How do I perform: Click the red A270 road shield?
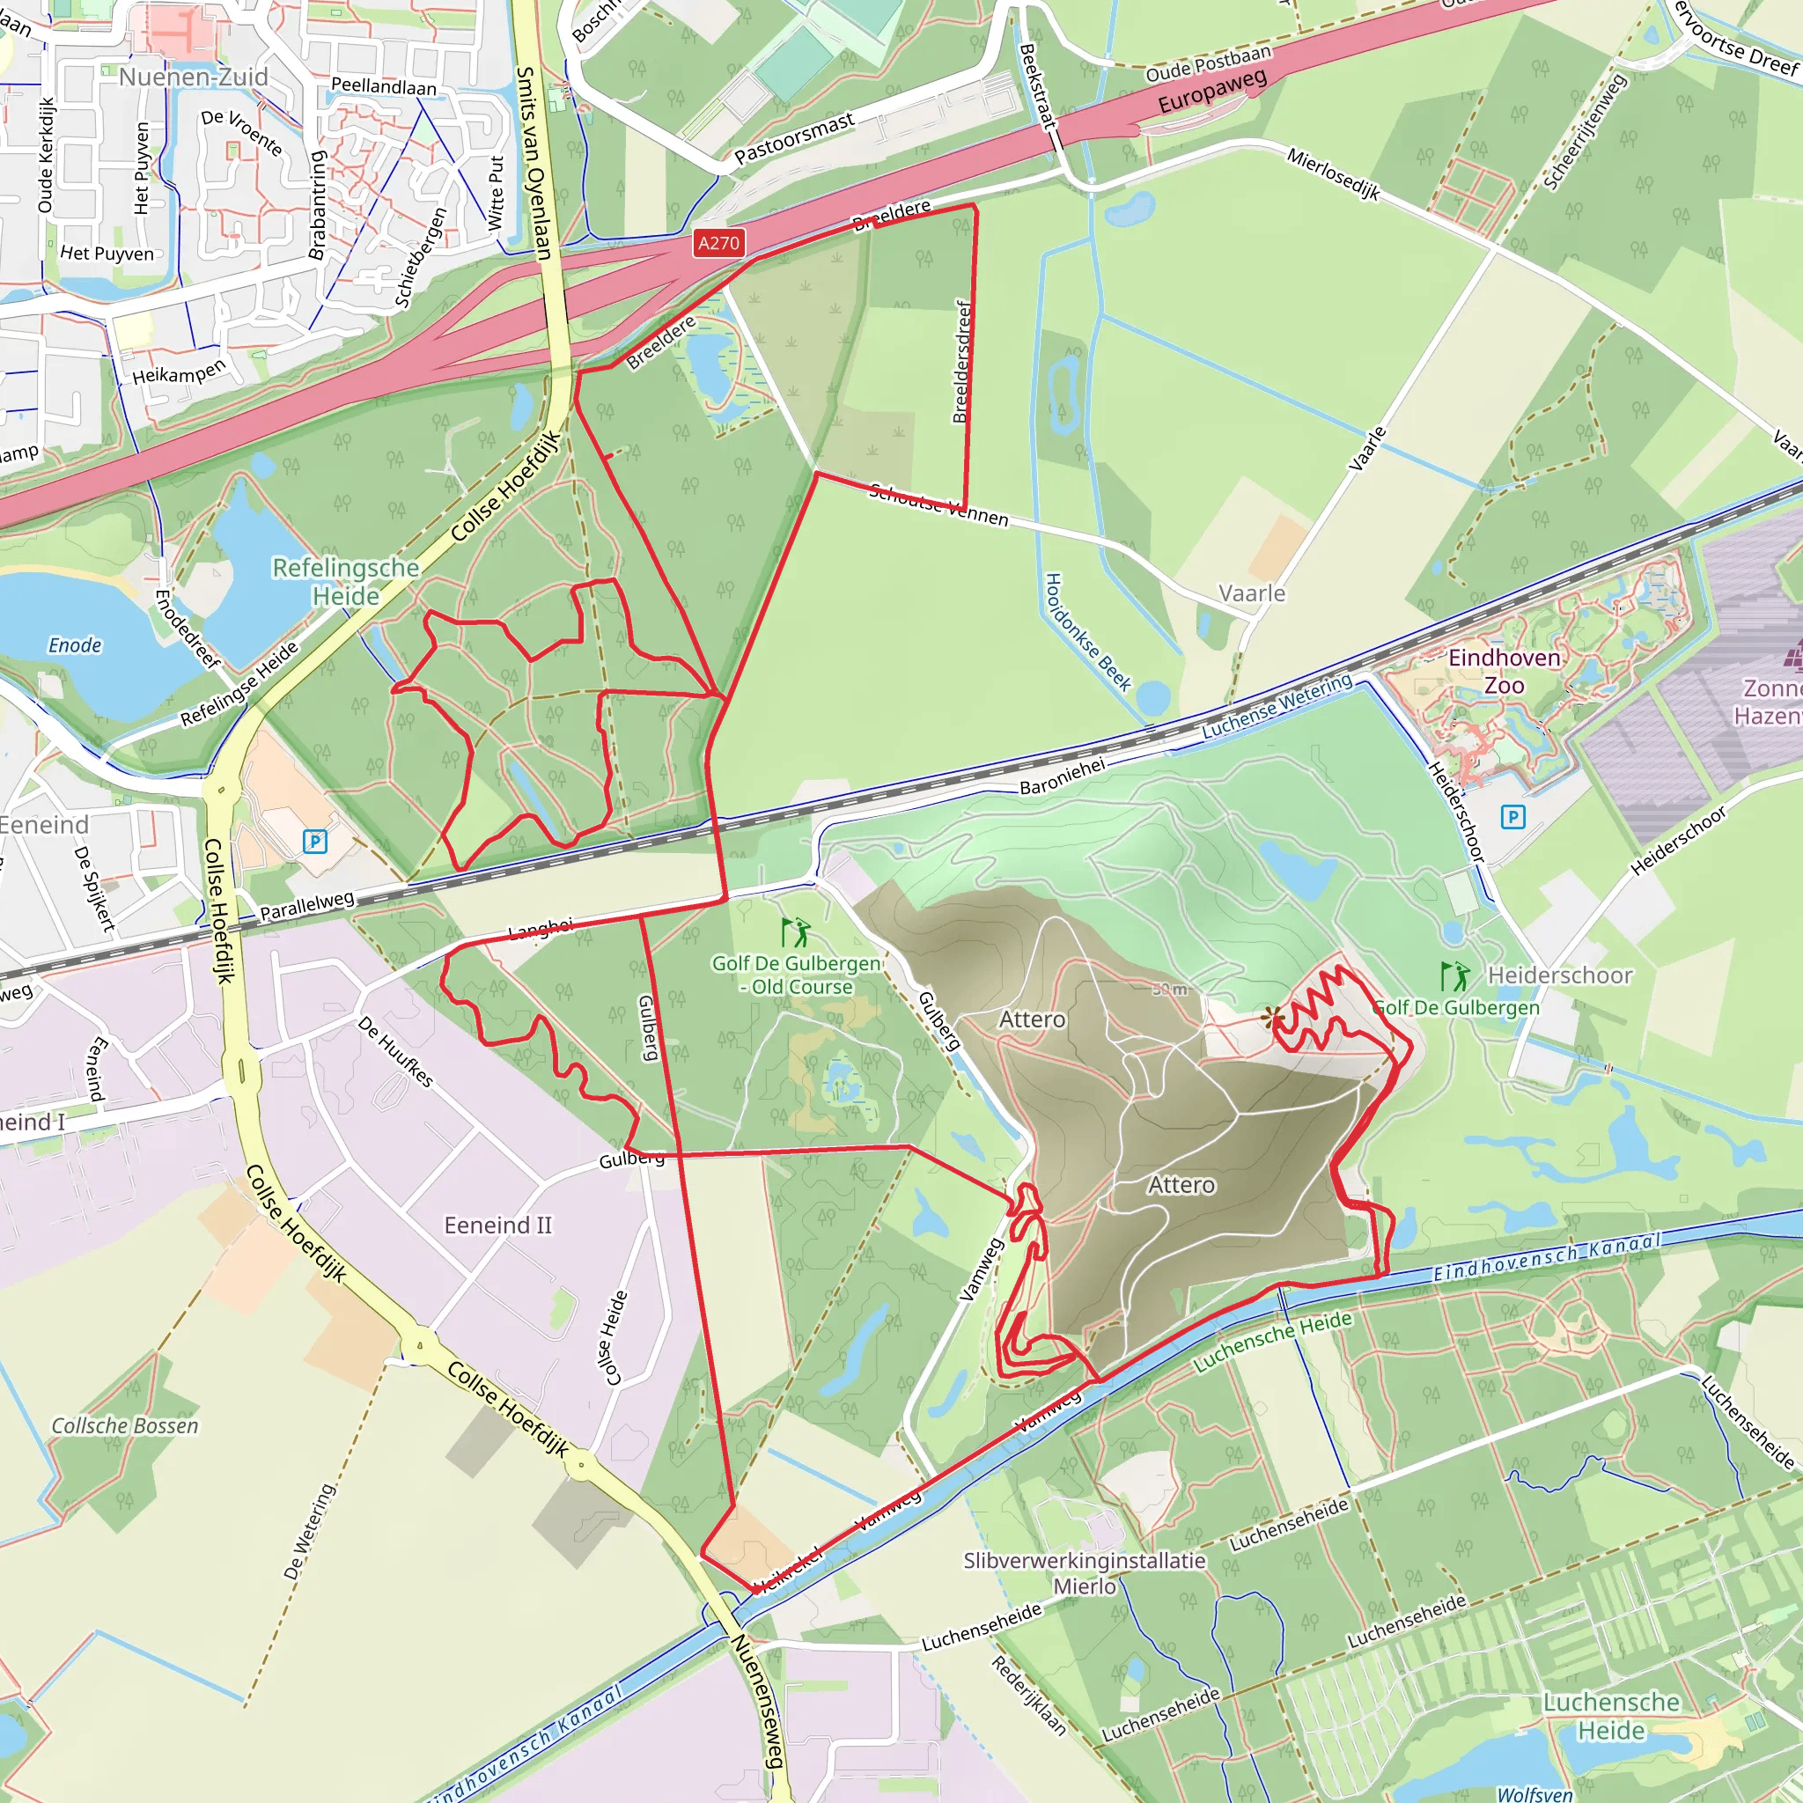718,244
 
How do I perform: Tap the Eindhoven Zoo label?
1504,671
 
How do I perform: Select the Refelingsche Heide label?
345,581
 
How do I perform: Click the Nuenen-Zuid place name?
193,77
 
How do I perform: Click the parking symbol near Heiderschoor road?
1512,818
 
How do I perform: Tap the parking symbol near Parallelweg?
315,842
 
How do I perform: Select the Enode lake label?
75,644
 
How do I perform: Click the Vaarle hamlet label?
1252,593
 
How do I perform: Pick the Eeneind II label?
497,1225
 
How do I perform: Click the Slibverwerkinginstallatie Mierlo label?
1085,1572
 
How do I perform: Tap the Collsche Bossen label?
125,1425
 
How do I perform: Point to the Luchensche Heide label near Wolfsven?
1611,1715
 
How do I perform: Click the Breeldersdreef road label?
962,362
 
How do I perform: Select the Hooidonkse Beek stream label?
1086,632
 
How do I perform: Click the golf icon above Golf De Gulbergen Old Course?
795,932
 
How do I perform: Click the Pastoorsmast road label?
794,138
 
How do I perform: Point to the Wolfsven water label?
1534,1793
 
